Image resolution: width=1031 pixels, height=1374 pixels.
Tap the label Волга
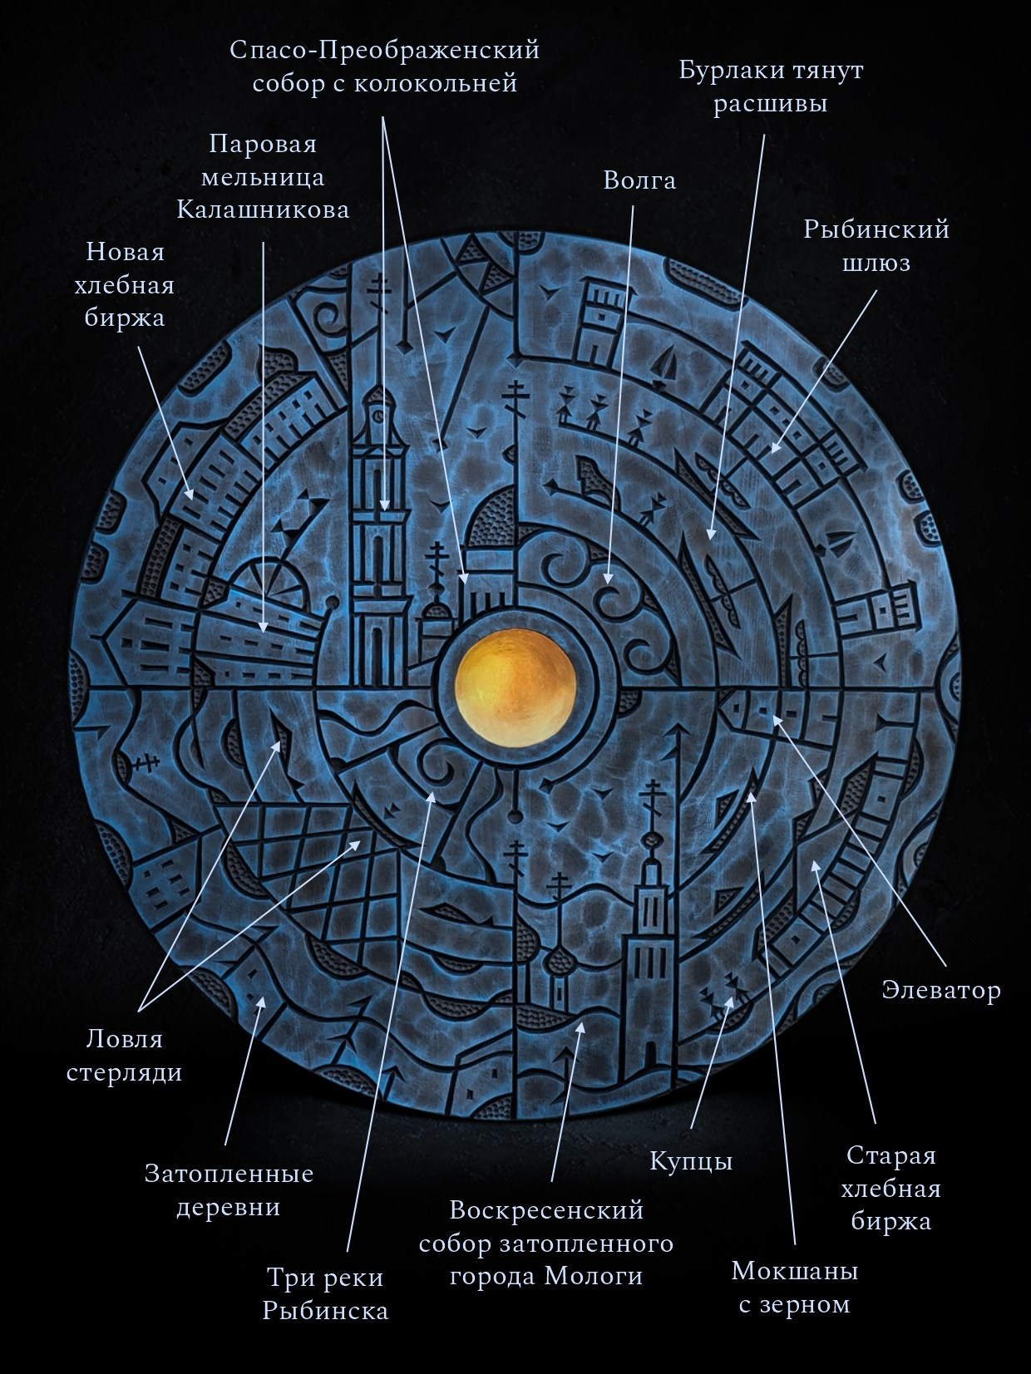639,181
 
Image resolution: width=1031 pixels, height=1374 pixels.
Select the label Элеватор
941,990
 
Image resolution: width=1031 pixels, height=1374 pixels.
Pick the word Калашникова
263,209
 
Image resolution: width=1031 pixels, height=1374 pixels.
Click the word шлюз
876,263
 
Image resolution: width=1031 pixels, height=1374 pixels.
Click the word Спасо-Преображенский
384,51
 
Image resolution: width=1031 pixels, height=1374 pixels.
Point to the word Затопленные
229,1173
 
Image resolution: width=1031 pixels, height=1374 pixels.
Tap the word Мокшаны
794,1271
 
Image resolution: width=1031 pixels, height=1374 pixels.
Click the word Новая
126,252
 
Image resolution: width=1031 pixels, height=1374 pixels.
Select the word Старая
891,1155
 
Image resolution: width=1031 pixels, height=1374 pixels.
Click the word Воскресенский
546,1210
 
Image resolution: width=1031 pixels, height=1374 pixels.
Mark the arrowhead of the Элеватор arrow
777,719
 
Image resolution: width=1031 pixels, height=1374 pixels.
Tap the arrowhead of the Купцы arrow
729,1001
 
